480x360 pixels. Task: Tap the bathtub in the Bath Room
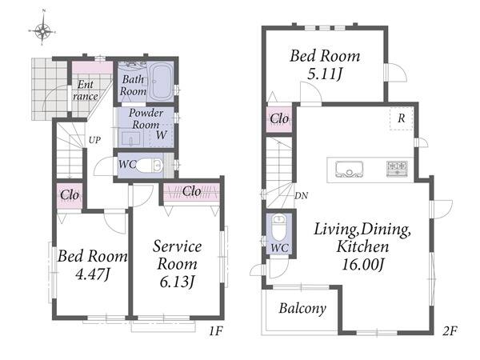pyautogui.click(x=160, y=82)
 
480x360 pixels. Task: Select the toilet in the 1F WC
pyautogui.click(x=150, y=166)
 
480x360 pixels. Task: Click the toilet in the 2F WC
pyautogui.click(x=279, y=228)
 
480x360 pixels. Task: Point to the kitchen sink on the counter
pyautogui.click(x=349, y=170)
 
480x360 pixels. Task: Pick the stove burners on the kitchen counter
pyautogui.click(x=397, y=169)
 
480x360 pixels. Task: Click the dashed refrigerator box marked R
pyautogui.click(x=402, y=118)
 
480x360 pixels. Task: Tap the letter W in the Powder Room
pyautogui.click(x=161, y=134)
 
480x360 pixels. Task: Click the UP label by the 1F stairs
pyautogui.click(x=94, y=140)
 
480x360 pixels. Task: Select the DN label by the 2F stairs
pyautogui.click(x=301, y=196)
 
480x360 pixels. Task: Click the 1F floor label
pyautogui.click(x=217, y=331)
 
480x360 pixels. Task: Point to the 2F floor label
pyautogui.click(x=450, y=331)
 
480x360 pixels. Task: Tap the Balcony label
pyautogui.click(x=302, y=308)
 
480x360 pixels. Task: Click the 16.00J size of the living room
pyautogui.click(x=362, y=265)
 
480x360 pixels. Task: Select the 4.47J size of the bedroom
pyautogui.click(x=93, y=274)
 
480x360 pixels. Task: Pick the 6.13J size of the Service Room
pyautogui.click(x=178, y=282)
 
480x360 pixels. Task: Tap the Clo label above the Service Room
pyautogui.click(x=192, y=191)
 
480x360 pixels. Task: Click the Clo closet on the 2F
pyautogui.click(x=279, y=119)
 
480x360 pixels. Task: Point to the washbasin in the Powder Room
pyautogui.click(x=131, y=138)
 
